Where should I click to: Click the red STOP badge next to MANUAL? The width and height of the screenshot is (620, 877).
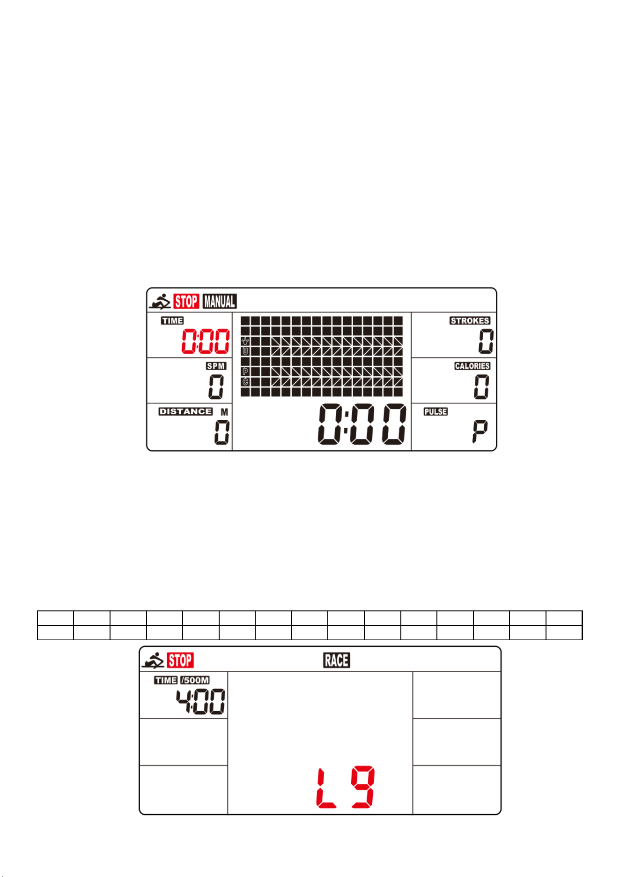pyautogui.click(x=186, y=301)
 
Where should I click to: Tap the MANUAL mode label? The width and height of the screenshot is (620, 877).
pyautogui.click(x=220, y=301)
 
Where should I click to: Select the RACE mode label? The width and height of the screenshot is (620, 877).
pyautogui.click(x=337, y=661)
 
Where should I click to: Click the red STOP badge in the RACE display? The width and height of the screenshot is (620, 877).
pyautogui.click(x=180, y=661)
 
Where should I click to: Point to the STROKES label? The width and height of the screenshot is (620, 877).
pyautogui.click(x=470, y=321)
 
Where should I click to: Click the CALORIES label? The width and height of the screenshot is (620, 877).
pyautogui.click(x=472, y=366)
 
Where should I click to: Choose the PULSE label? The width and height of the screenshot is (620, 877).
pyautogui.click(x=435, y=412)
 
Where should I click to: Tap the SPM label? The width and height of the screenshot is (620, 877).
pyautogui.click(x=216, y=366)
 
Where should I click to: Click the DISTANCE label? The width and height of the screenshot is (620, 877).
pyautogui.click(x=185, y=412)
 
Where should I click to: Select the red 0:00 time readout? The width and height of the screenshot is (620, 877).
pyautogui.click(x=206, y=341)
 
